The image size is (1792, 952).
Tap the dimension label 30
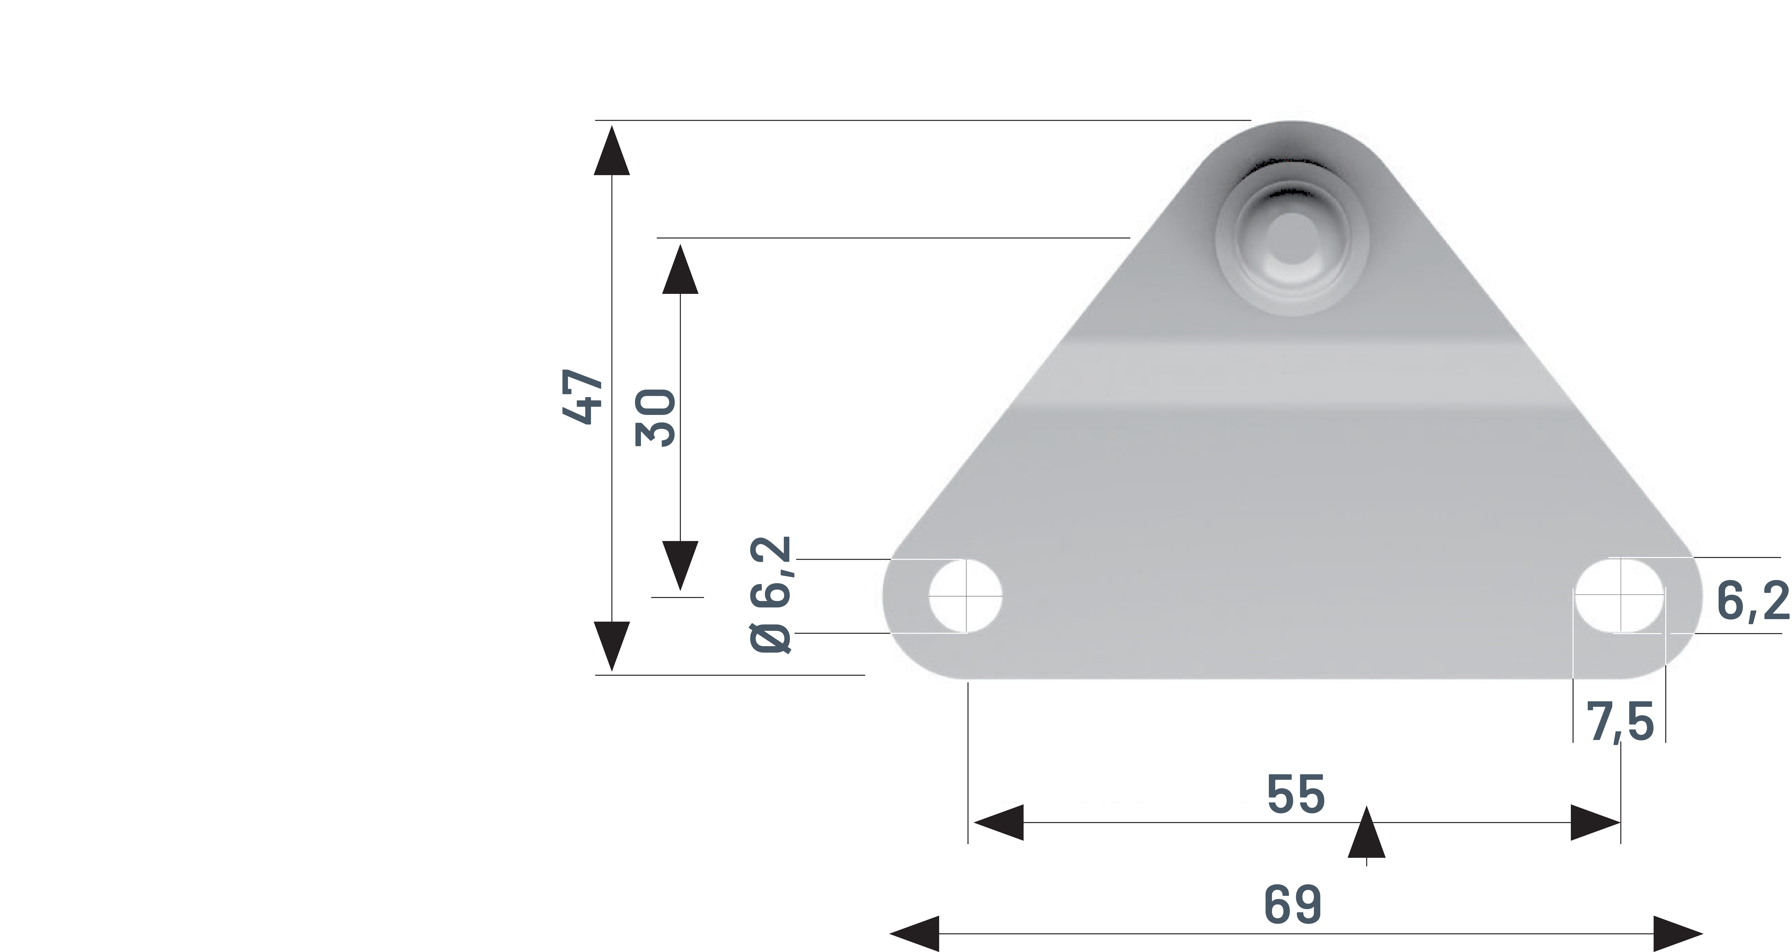tap(655, 418)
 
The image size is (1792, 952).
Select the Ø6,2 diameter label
tap(771, 595)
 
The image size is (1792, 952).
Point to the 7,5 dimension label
tap(1619, 722)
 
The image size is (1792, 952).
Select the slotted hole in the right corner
tap(1619, 596)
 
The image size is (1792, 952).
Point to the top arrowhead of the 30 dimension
tap(680, 270)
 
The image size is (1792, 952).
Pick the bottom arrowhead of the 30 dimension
tap(680, 565)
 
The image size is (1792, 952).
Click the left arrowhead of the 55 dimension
tap(999, 822)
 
